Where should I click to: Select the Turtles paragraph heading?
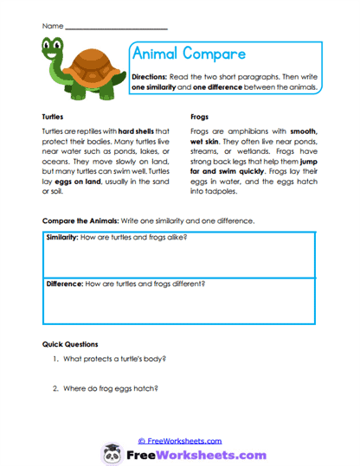coord(54,115)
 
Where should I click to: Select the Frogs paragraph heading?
coord(198,115)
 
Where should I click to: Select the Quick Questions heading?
coord(70,344)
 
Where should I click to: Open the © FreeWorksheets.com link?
coord(180,440)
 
